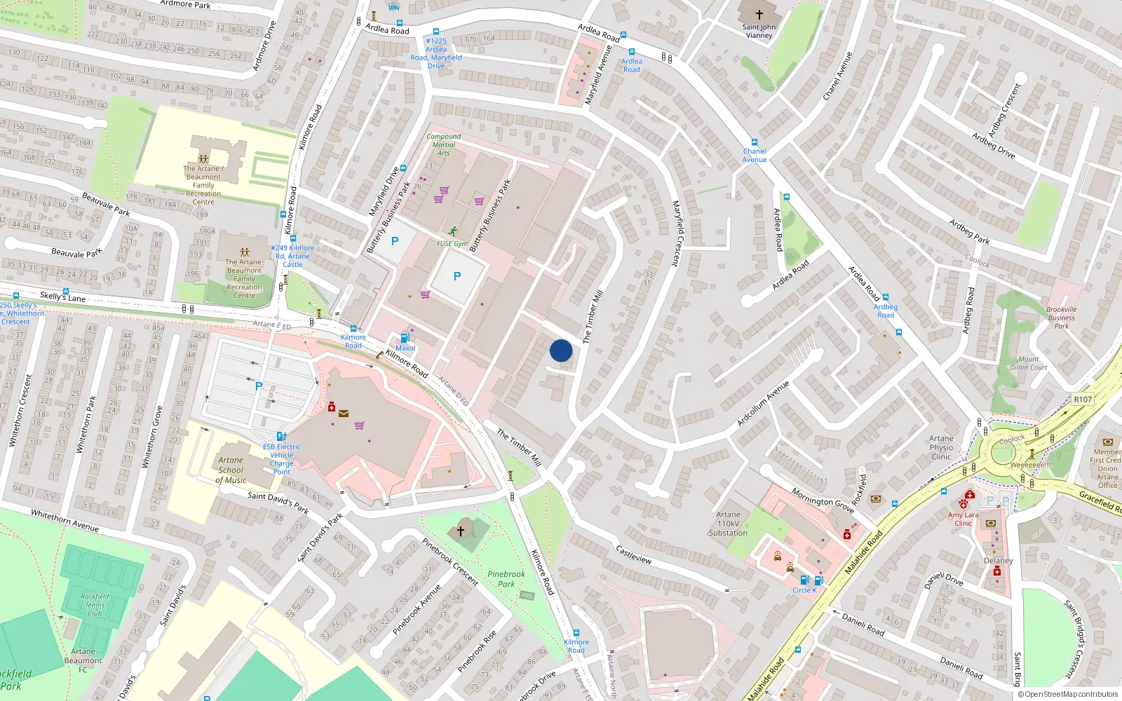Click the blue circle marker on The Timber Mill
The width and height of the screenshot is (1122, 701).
[x=561, y=350]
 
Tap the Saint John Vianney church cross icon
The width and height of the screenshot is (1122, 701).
[x=759, y=14]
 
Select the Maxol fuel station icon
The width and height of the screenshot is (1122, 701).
[x=405, y=338]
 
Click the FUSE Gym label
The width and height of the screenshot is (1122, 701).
[x=452, y=244]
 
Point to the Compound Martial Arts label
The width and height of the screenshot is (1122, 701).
[x=444, y=144]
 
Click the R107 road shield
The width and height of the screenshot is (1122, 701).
[x=1083, y=400]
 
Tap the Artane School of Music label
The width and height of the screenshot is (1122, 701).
[x=231, y=470]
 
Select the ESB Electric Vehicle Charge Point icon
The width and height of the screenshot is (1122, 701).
[x=281, y=436]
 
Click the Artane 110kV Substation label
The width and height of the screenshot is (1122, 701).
[x=728, y=524]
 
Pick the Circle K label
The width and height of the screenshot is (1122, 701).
[x=804, y=590]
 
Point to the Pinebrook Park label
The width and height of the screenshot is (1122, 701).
[x=506, y=579]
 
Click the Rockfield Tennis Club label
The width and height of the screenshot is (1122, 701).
[x=95, y=605]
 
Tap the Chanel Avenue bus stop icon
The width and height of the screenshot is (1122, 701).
[x=755, y=142]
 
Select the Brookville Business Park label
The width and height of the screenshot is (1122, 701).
[x=1061, y=318]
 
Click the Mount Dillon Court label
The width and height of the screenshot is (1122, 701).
[x=1029, y=363]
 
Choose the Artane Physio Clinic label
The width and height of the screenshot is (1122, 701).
[x=941, y=447]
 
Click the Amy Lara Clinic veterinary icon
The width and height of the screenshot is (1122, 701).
[x=964, y=503]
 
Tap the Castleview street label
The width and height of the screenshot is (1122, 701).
[x=634, y=554]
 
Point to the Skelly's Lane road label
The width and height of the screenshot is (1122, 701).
[x=62, y=297]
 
